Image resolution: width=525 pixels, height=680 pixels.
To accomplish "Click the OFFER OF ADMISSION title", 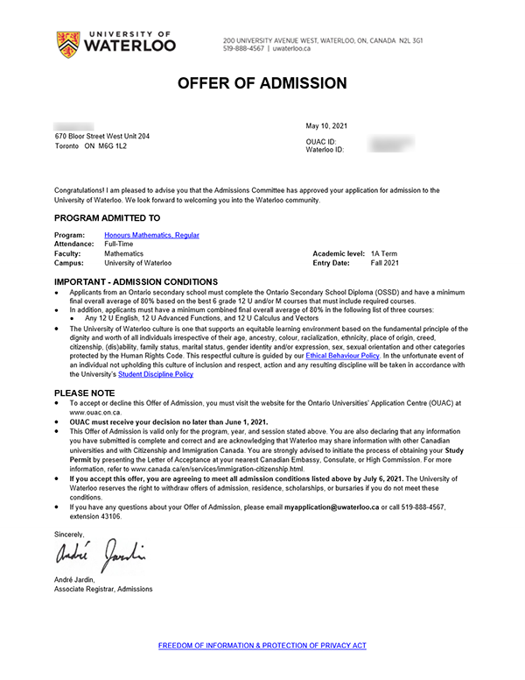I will click(262, 84).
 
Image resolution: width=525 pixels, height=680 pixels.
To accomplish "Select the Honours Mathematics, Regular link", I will click(151, 236).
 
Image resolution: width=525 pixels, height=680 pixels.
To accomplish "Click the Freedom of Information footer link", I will click(262, 646).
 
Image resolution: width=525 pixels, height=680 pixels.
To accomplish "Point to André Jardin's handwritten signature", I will click(100, 554).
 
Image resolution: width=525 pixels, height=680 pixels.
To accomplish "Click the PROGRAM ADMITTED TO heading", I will click(107, 218).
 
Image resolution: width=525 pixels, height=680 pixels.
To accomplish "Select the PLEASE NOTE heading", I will click(84, 393).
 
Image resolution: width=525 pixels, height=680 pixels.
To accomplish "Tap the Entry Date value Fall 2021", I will click(384, 263).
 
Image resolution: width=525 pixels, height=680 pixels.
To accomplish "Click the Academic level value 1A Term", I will click(383, 254).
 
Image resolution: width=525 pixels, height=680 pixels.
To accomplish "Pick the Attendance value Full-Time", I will click(120, 244).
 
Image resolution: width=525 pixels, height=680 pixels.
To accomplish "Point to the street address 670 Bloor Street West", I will click(101, 137).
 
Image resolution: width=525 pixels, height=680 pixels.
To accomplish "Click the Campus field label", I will click(69, 263).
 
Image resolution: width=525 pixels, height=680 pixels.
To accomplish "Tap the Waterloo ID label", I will click(325, 150).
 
